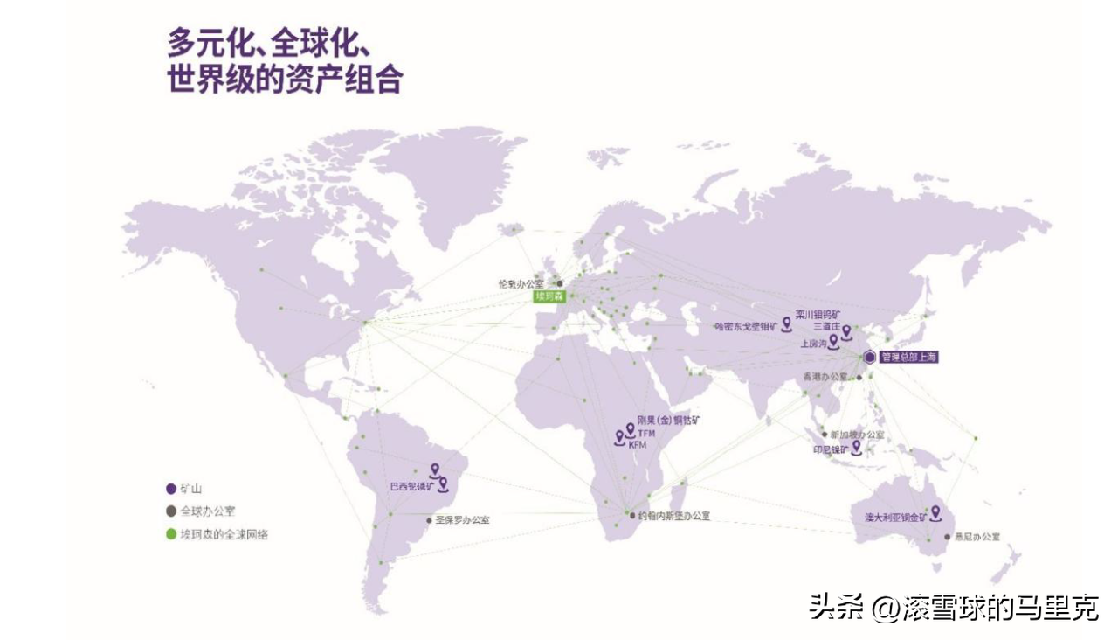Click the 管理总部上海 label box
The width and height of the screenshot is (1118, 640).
coord(909,357)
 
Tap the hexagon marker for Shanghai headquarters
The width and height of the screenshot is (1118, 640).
coord(870,357)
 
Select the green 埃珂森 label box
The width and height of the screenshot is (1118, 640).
coord(550,297)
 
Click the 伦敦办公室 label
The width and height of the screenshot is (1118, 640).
coord(521,283)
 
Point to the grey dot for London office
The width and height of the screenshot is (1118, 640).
coord(560,283)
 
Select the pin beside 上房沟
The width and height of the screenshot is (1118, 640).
coord(833,341)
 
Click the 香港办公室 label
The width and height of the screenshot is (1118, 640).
coord(825,376)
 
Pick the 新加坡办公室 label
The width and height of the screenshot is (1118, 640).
coord(857,435)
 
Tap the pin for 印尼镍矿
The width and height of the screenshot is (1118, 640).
coord(856,447)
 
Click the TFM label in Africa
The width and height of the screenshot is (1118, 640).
coord(645,434)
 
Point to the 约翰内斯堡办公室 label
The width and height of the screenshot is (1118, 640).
coord(673,516)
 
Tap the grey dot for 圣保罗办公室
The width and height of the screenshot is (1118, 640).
coord(429,520)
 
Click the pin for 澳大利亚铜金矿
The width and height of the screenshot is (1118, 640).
coord(935,512)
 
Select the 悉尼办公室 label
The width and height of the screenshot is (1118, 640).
coord(977,536)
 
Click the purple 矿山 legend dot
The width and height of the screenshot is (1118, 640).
coord(171,489)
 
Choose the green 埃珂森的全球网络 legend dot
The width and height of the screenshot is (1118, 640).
coord(171,533)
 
